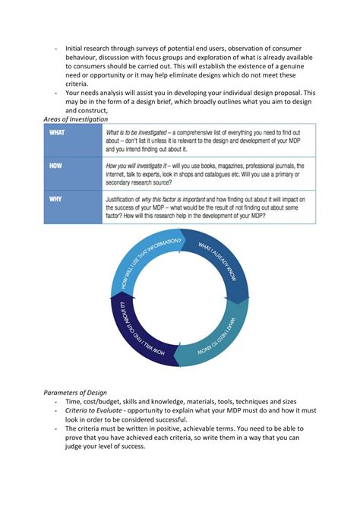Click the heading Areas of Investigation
74,119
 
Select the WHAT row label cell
72,141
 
